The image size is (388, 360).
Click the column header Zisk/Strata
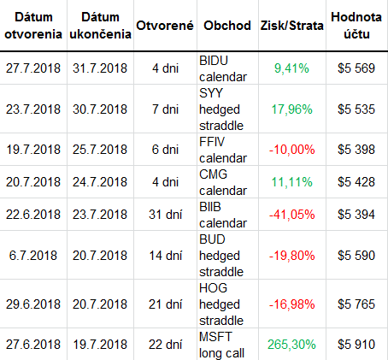click(x=291, y=26)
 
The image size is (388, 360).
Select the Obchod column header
click(x=227, y=26)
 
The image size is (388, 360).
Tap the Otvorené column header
click(x=165, y=26)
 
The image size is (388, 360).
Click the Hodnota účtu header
click(x=356, y=26)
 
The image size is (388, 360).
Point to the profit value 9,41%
click(x=291, y=68)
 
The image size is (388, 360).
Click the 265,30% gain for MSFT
click(x=291, y=345)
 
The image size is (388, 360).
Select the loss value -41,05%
click(x=291, y=215)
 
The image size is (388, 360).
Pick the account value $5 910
click(x=356, y=345)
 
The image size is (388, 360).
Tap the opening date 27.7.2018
click(x=33, y=68)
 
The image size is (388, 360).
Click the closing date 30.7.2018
click(x=100, y=109)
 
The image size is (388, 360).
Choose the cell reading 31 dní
click(x=165, y=215)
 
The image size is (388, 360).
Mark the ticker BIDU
click(x=214, y=61)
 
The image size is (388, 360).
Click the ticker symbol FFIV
click(x=212, y=142)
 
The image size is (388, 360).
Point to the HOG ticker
click(x=213, y=288)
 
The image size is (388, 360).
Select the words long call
click(x=221, y=353)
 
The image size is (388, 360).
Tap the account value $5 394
click(x=356, y=215)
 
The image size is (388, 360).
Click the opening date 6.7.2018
click(x=33, y=256)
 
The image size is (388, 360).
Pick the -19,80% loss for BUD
click(x=291, y=256)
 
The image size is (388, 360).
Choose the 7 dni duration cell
click(x=165, y=109)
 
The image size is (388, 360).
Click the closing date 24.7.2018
click(x=100, y=182)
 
